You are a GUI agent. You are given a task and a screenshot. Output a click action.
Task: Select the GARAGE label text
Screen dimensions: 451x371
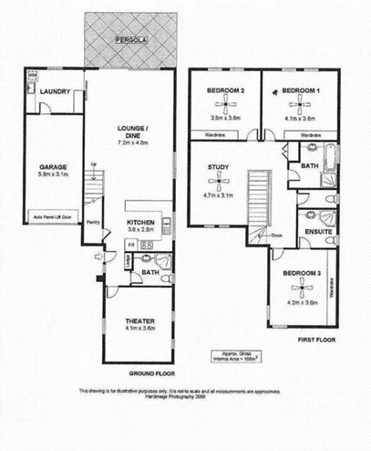(53, 167)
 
